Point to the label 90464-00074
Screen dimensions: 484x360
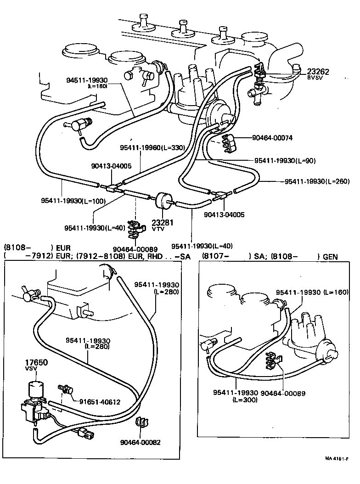click(272, 138)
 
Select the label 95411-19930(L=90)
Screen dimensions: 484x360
click(285, 161)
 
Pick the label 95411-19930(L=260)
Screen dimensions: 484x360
click(317, 181)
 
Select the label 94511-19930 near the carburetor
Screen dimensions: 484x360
click(87, 80)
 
